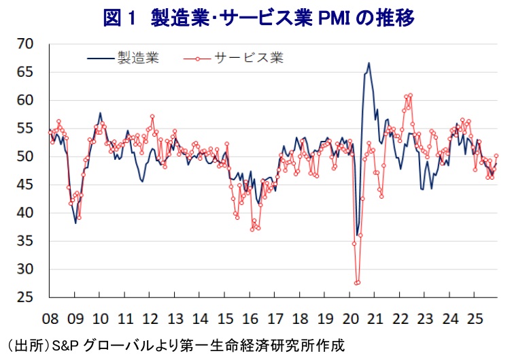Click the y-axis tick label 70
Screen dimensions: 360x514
(25, 44)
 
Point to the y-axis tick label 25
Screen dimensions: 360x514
(25, 298)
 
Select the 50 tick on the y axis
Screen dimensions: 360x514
(25, 157)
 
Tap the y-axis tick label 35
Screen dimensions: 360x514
(25, 242)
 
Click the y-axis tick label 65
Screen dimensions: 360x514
(25, 72)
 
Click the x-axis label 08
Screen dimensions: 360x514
(50, 318)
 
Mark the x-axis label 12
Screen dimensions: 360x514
(150, 318)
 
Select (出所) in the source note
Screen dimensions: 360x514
(27, 345)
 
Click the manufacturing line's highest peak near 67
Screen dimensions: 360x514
(369, 63)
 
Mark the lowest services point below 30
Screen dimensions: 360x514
(357, 283)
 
